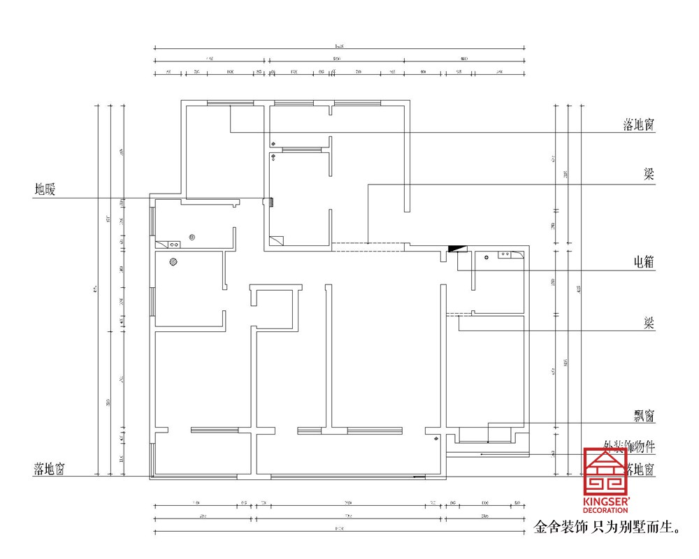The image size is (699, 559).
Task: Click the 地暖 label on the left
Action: click(x=49, y=189)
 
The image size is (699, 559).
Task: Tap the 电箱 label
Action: click(x=640, y=262)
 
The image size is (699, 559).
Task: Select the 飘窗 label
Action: click(x=640, y=416)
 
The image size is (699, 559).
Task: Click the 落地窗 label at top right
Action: click(x=638, y=125)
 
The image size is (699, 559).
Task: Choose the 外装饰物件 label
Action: click(x=628, y=445)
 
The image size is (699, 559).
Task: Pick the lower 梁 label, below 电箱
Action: click(x=649, y=323)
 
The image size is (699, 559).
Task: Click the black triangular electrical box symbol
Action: click(x=456, y=248)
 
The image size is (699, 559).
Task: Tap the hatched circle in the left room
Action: click(x=173, y=263)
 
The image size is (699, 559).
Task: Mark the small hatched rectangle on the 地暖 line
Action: click(x=266, y=203)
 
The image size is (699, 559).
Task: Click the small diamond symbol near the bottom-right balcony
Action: click(x=435, y=439)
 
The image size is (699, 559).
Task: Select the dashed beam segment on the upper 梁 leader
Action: click(x=367, y=245)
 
